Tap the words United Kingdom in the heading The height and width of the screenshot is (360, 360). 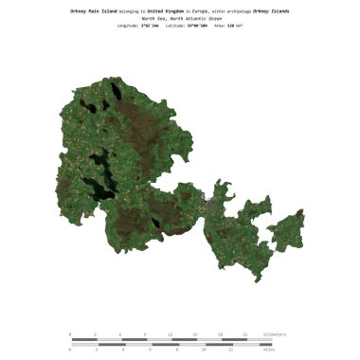coord(168,10)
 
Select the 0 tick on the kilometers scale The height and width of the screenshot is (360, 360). coord(70,334)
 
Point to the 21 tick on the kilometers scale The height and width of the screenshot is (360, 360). coord(245,334)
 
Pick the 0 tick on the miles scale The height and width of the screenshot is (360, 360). coord(70,350)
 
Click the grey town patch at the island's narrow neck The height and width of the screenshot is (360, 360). coord(207,201)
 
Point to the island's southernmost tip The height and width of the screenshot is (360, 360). coord(253,279)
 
